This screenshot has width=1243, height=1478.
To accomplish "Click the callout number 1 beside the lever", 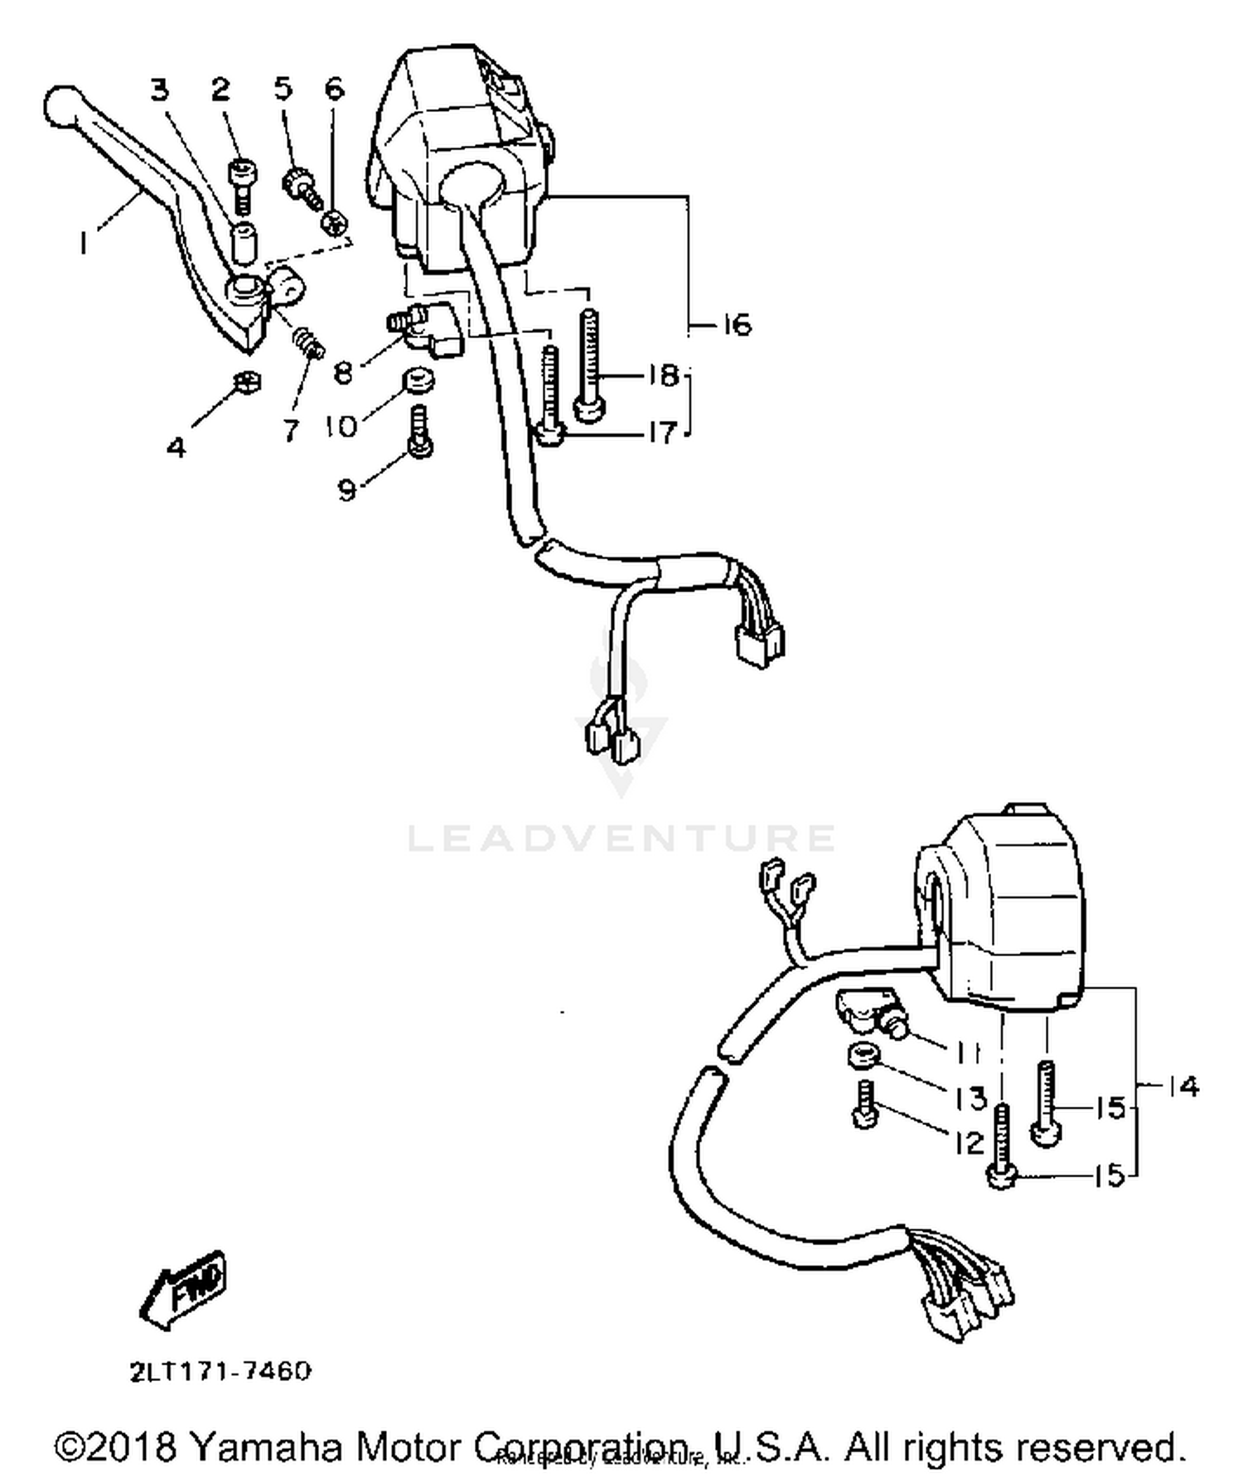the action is [83, 242].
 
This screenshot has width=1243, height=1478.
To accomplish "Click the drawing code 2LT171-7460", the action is [220, 1371].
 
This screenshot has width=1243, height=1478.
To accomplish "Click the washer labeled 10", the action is [420, 384].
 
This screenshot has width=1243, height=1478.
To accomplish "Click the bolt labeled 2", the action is [242, 182].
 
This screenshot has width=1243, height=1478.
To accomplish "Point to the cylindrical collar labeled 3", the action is [243, 240].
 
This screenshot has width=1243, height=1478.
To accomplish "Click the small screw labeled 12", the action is [865, 1106].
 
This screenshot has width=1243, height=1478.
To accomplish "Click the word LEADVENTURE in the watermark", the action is [621, 838].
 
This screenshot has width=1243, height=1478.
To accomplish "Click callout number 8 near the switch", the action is [342, 373].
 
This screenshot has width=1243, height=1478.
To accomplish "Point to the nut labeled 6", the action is [333, 222].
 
